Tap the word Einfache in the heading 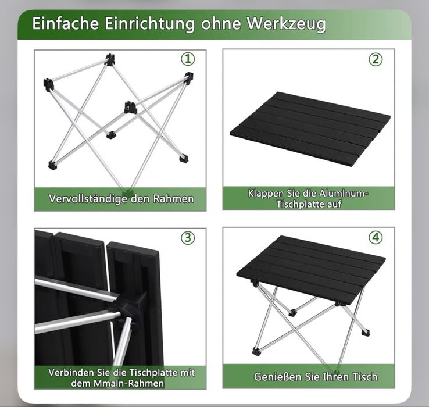[x=65, y=23]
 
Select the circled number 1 [x=188, y=59]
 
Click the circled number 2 [x=376, y=60]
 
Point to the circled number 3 [x=188, y=238]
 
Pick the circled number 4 [x=376, y=238]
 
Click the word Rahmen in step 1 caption [x=173, y=198]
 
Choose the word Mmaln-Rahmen [x=128, y=383]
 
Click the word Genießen [x=278, y=377]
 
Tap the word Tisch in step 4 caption [x=364, y=377]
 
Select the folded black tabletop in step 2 [x=310, y=128]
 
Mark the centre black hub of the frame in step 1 [x=130, y=107]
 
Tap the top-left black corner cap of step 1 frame [x=49, y=84]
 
